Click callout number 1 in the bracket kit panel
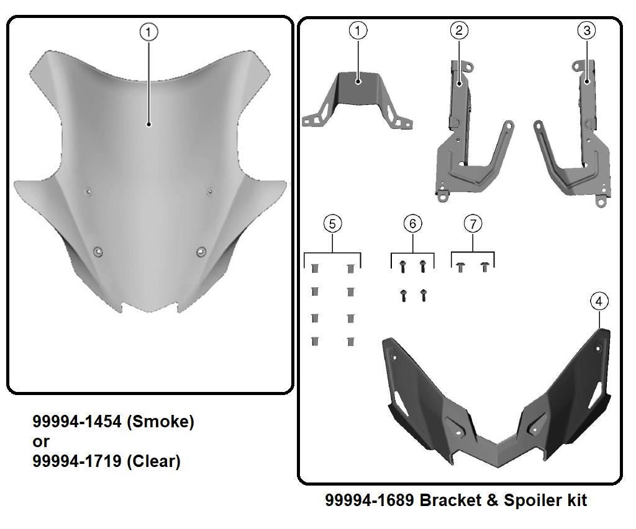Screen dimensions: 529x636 [358, 30]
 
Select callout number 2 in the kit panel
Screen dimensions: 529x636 [458, 30]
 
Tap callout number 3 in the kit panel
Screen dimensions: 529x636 [587, 30]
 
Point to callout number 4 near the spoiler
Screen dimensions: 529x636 [599, 301]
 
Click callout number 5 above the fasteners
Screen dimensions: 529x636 [332, 223]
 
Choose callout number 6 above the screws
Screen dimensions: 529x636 [413, 223]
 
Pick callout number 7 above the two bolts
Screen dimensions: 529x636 [473, 223]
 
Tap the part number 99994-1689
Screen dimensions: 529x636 [370, 500]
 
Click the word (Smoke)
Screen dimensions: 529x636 [160, 422]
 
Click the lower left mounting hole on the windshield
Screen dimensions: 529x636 [98, 251]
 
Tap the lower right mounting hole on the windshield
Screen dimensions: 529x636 [201, 251]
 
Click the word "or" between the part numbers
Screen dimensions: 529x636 [40, 442]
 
